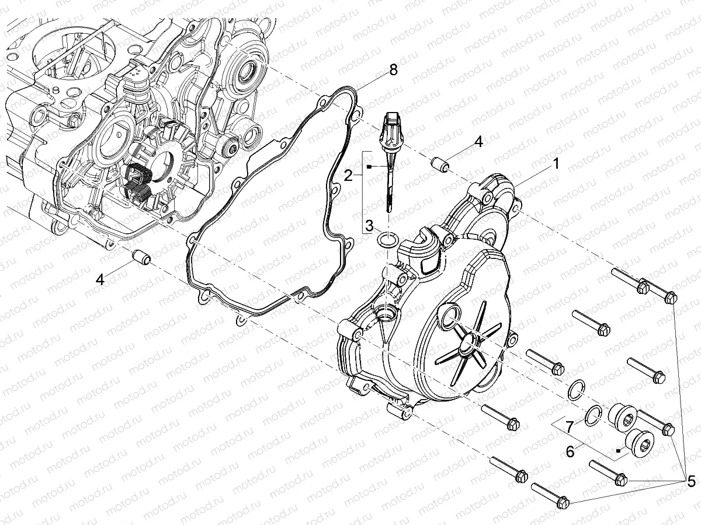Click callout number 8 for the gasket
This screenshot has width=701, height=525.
tap(393, 70)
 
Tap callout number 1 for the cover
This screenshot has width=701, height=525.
tap(556, 164)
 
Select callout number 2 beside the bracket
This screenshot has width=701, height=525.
tap(348, 176)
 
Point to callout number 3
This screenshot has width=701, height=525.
tap(369, 226)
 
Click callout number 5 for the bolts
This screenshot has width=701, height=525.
tap(691, 482)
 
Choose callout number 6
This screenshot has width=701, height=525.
tap(570, 452)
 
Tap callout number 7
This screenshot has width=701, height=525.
tap(570, 428)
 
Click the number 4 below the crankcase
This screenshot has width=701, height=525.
tap(100, 280)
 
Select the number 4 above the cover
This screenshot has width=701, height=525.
tap(478, 142)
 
